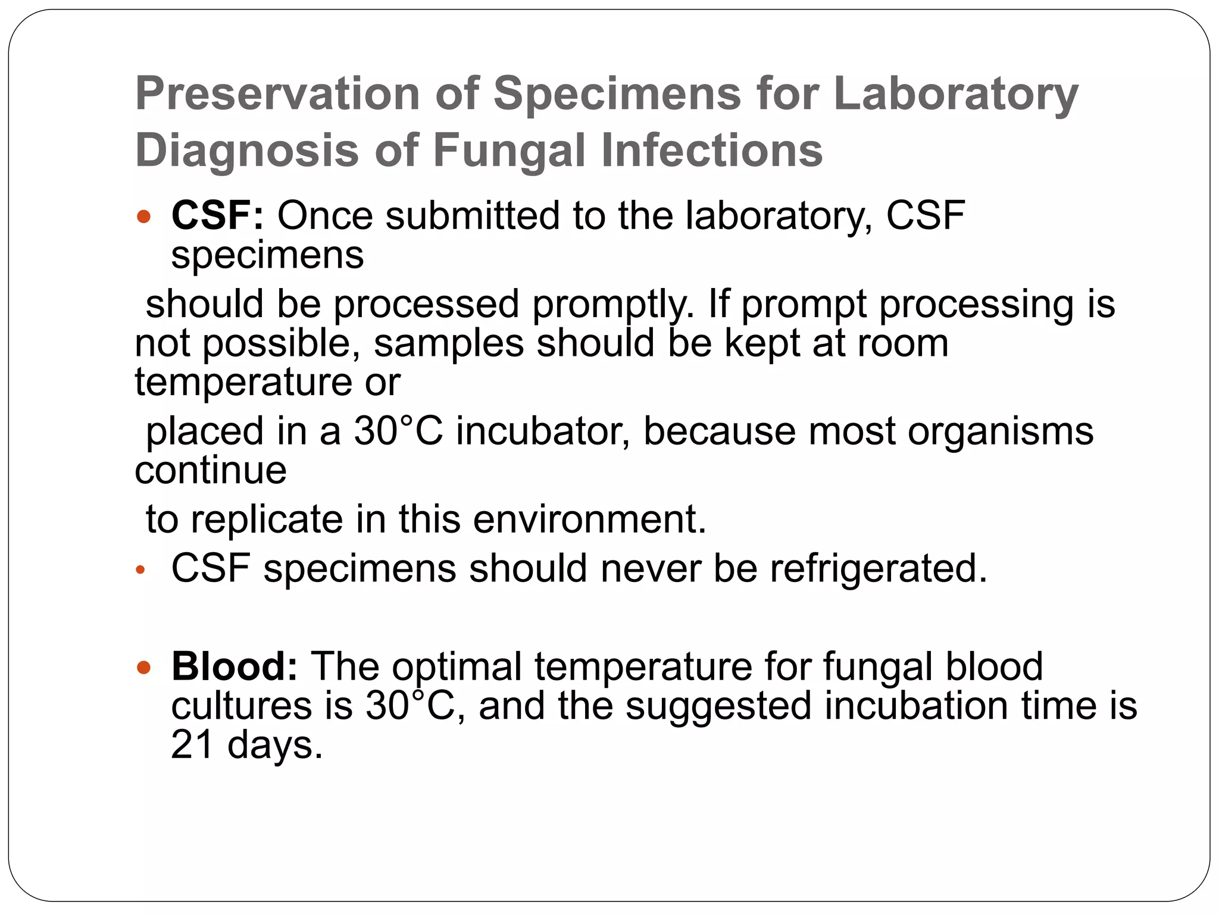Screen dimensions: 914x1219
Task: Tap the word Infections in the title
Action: [x=712, y=150]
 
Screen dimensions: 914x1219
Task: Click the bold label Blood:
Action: [x=234, y=666]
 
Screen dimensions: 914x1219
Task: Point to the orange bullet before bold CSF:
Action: [x=143, y=216]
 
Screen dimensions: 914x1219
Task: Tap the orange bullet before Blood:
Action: [x=143, y=666]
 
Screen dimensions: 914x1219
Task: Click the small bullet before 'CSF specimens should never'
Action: [x=140, y=570]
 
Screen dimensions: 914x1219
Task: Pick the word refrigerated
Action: [x=878, y=568]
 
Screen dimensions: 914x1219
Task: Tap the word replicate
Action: [x=267, y=519]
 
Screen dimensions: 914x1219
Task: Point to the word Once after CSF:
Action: [x=325, y=215]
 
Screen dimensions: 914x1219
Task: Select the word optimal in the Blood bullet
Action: [x=457, y=666]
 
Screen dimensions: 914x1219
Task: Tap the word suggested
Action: [x=718, y=706]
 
